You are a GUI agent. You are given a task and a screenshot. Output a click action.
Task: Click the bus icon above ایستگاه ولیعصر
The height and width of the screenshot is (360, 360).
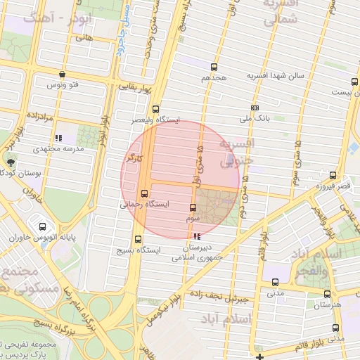155,109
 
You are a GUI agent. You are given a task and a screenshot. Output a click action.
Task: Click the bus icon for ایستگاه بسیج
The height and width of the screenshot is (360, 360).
138,239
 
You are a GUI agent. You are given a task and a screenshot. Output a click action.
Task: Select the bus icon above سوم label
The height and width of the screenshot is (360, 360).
193,208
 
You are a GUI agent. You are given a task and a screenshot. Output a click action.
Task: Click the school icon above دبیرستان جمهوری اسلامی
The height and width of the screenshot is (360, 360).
196,237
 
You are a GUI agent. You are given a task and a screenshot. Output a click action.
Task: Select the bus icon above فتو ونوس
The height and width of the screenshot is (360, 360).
63,74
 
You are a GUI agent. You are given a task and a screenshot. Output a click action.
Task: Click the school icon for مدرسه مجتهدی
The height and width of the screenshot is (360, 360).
59,138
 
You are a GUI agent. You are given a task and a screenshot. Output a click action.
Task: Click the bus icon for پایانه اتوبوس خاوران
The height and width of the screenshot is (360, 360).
42,227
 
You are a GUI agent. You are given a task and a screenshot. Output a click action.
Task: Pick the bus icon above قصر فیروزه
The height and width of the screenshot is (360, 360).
333,176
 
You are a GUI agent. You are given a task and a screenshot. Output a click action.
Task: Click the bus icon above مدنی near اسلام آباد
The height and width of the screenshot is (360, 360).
275,283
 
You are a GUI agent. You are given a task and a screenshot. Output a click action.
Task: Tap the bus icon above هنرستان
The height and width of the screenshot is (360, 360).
326,295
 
